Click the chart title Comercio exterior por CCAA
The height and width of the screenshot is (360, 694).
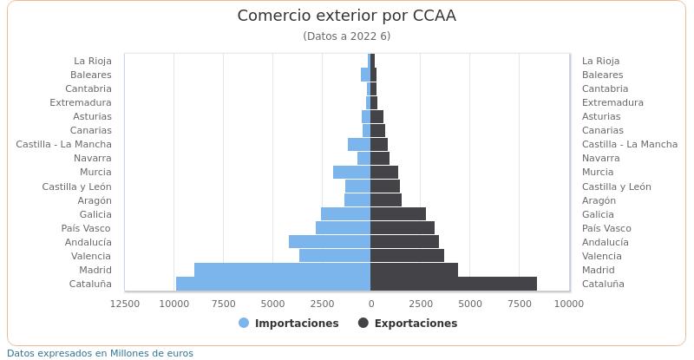(x=346, y=16)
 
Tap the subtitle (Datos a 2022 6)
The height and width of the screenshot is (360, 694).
(x=346, y=36)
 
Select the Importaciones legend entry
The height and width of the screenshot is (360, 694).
(x=288, y=324)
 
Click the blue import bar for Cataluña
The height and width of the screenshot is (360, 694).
(x=272, y=284)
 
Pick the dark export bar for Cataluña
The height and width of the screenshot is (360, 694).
(x=453, y=284)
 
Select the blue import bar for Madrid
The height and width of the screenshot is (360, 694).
(x=282, y=270)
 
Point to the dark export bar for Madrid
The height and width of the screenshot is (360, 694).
(x=414, y=270)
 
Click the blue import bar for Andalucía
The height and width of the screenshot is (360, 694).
(x=330, y=242)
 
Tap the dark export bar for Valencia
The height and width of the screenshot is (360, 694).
(x=407, y=256)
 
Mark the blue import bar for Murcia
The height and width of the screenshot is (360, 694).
(x=351, y=172)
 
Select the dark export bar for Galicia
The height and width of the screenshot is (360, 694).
(x=398, y=214)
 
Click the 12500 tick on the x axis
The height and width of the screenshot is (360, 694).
(x=125, y=304)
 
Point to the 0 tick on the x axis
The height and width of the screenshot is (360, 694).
(x=370, y=304)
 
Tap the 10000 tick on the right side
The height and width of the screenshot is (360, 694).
(x=569, y=304)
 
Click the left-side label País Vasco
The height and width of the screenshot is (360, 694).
(x=86, y=228)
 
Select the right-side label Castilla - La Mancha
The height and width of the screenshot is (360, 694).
(x=629, y=144)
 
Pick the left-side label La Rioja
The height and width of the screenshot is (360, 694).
(x=92, y=61)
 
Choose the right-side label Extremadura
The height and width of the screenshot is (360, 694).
(x=612, y=102)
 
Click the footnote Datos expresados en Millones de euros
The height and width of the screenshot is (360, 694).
(x=101, y=353)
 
